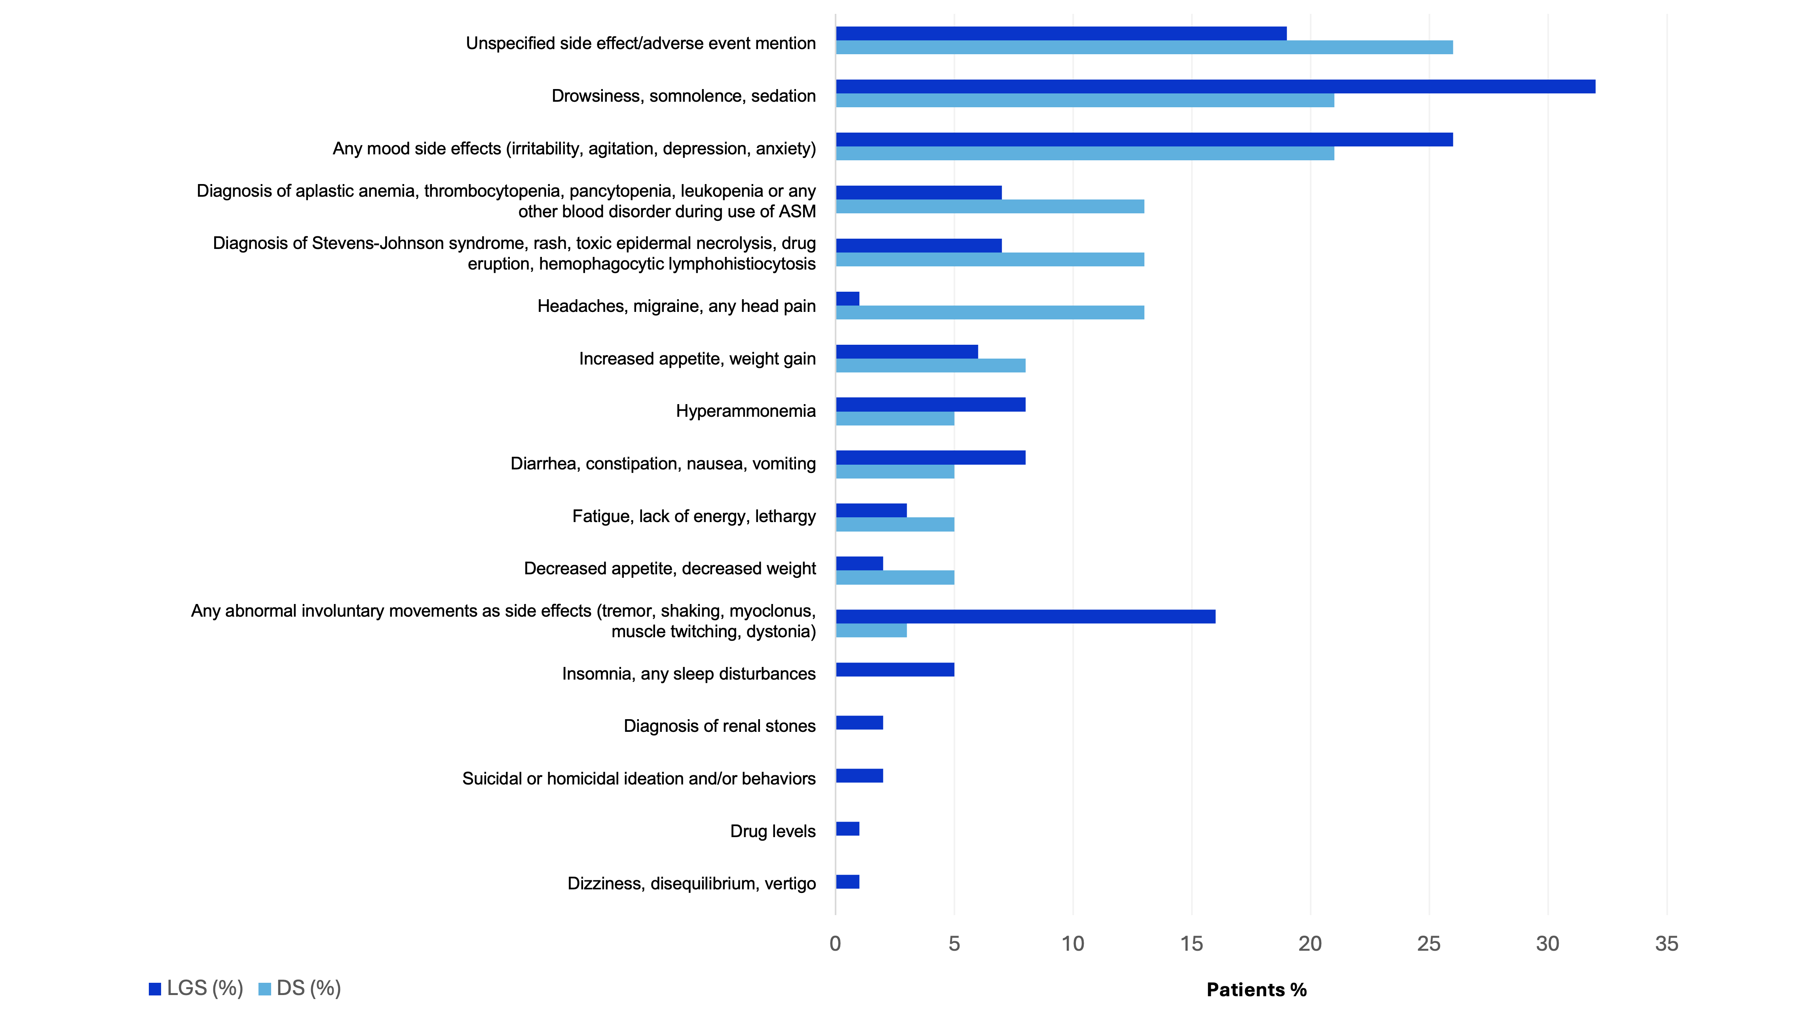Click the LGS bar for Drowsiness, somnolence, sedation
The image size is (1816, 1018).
(x=1216, y=87)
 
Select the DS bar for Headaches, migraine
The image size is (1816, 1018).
(x=990, y=312)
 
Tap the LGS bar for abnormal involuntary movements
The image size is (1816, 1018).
(x=1026, y=617)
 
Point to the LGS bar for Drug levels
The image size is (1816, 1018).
(x=847, y=829)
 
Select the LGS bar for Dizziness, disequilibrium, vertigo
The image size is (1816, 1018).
(x=847, y=882)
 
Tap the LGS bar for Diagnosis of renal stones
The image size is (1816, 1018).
(x=859, y=723)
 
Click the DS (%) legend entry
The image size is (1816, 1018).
(x=300, y=988)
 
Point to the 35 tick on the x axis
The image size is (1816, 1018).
(x=1666, y=944)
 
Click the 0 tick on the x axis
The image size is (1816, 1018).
(x=836, y=944)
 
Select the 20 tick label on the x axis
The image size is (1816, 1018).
(x=1310, y=944)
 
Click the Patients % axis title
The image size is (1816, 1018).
(x=1256, y=990)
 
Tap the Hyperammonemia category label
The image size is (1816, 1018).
(x=745, y=411)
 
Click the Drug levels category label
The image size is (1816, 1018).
(x=773, y=831)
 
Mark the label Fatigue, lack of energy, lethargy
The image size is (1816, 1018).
(x=694, y=517)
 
